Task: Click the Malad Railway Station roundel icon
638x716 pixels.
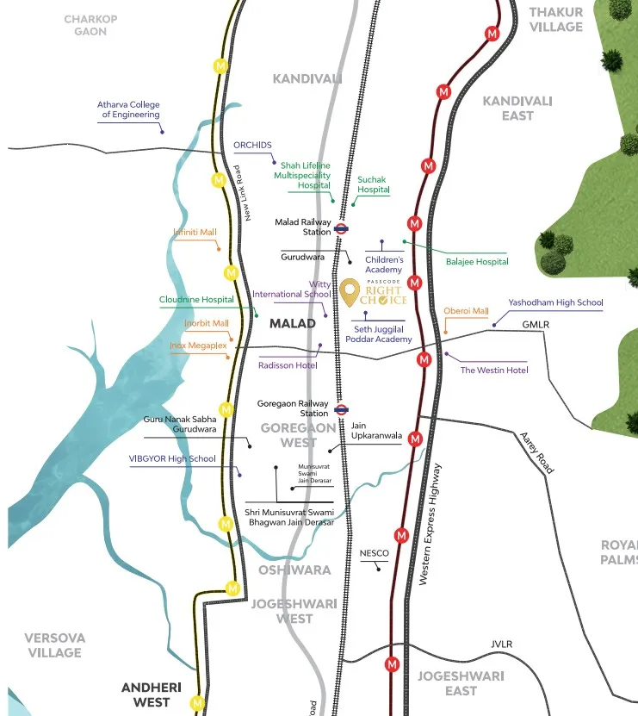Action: (341, 229)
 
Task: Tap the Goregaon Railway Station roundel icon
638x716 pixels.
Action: (341, 409)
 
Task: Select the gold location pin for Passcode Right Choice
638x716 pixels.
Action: (350, 293)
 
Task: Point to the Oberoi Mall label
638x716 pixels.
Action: (466, 311)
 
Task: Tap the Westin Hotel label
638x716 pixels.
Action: (494, 370)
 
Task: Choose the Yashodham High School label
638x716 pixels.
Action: (555, 302)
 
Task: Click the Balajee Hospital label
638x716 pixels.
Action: (477, 261)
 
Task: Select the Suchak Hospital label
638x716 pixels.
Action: (374, 184)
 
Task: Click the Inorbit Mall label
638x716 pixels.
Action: (207, 323)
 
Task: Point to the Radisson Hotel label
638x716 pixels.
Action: (288, 365)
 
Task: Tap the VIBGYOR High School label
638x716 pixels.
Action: (172, 458)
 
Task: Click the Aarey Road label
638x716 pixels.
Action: (536, 452)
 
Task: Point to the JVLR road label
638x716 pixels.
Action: (501, 644)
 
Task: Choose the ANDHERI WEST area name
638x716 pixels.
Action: (157, 694)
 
